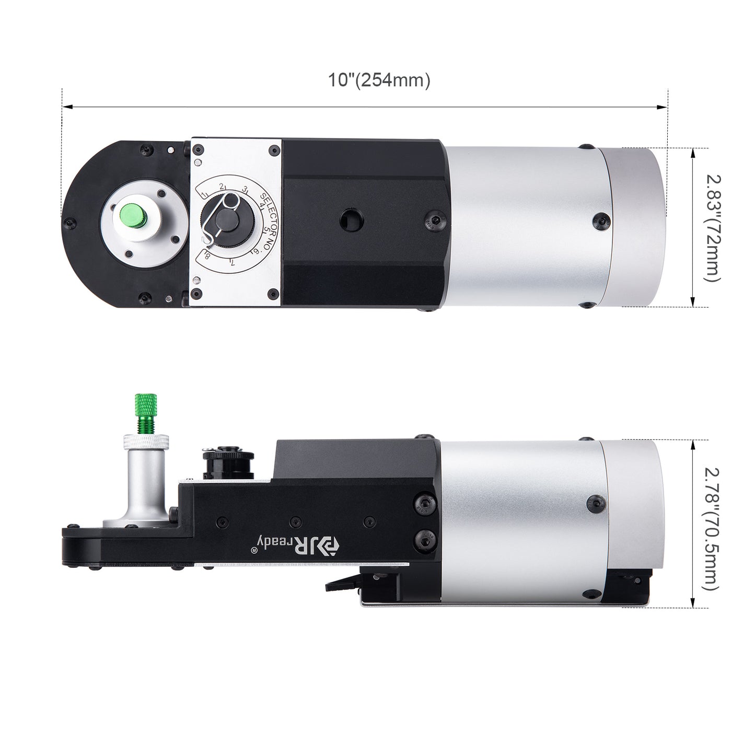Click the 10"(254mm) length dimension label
click(x=379, y=80)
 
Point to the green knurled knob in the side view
click(x=146, y=411)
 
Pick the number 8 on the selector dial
click(x=207, y=256)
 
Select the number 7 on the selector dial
click(x=233, y=262)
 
